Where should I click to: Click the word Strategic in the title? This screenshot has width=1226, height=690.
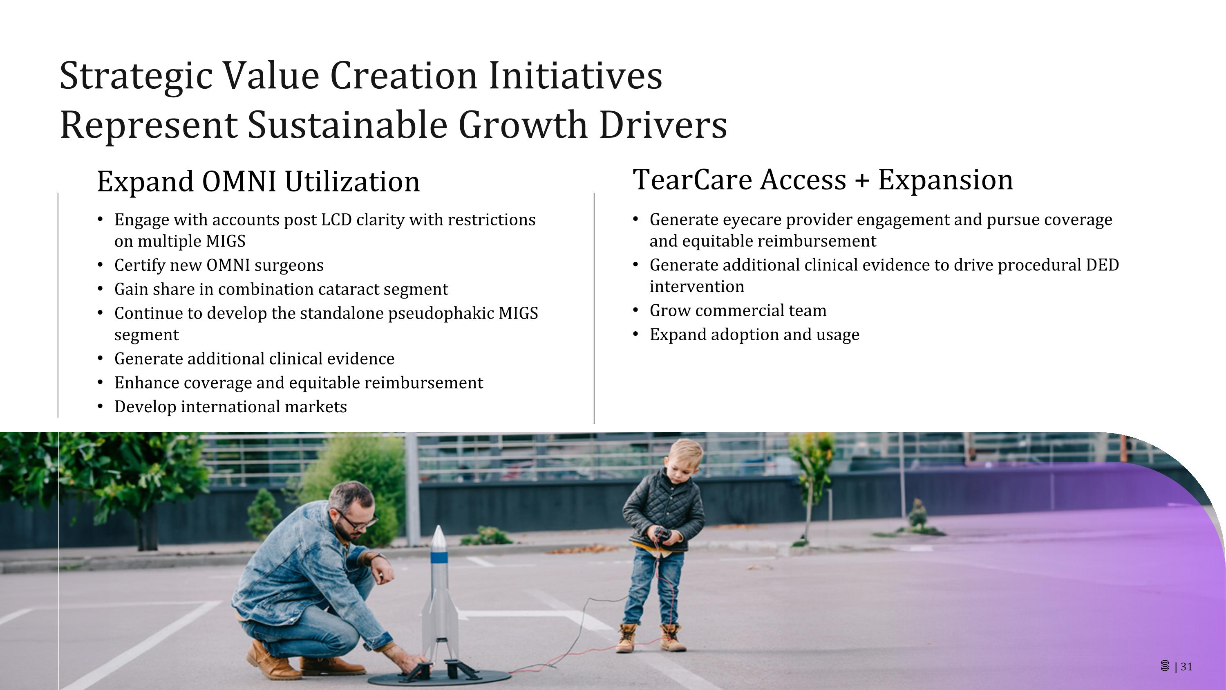point(135,76)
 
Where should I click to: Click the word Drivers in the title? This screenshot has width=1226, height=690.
point(663,125)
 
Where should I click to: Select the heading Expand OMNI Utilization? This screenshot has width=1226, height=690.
point(258,182)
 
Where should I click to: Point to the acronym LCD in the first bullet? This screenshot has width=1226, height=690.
point(336,220)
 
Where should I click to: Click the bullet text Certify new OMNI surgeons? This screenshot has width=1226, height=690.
point(219,265)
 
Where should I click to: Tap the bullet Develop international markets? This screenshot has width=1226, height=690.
point(230,407)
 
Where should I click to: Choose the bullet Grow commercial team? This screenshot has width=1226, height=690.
point(738,310)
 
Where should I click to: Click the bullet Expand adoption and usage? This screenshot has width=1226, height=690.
point(754,335)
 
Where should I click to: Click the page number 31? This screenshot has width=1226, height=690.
point(1187,667)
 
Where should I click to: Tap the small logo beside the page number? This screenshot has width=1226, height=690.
point(1165,666)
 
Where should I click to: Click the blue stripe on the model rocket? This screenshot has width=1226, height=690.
point(438,557)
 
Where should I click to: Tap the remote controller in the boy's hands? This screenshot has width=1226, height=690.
point(662,534)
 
